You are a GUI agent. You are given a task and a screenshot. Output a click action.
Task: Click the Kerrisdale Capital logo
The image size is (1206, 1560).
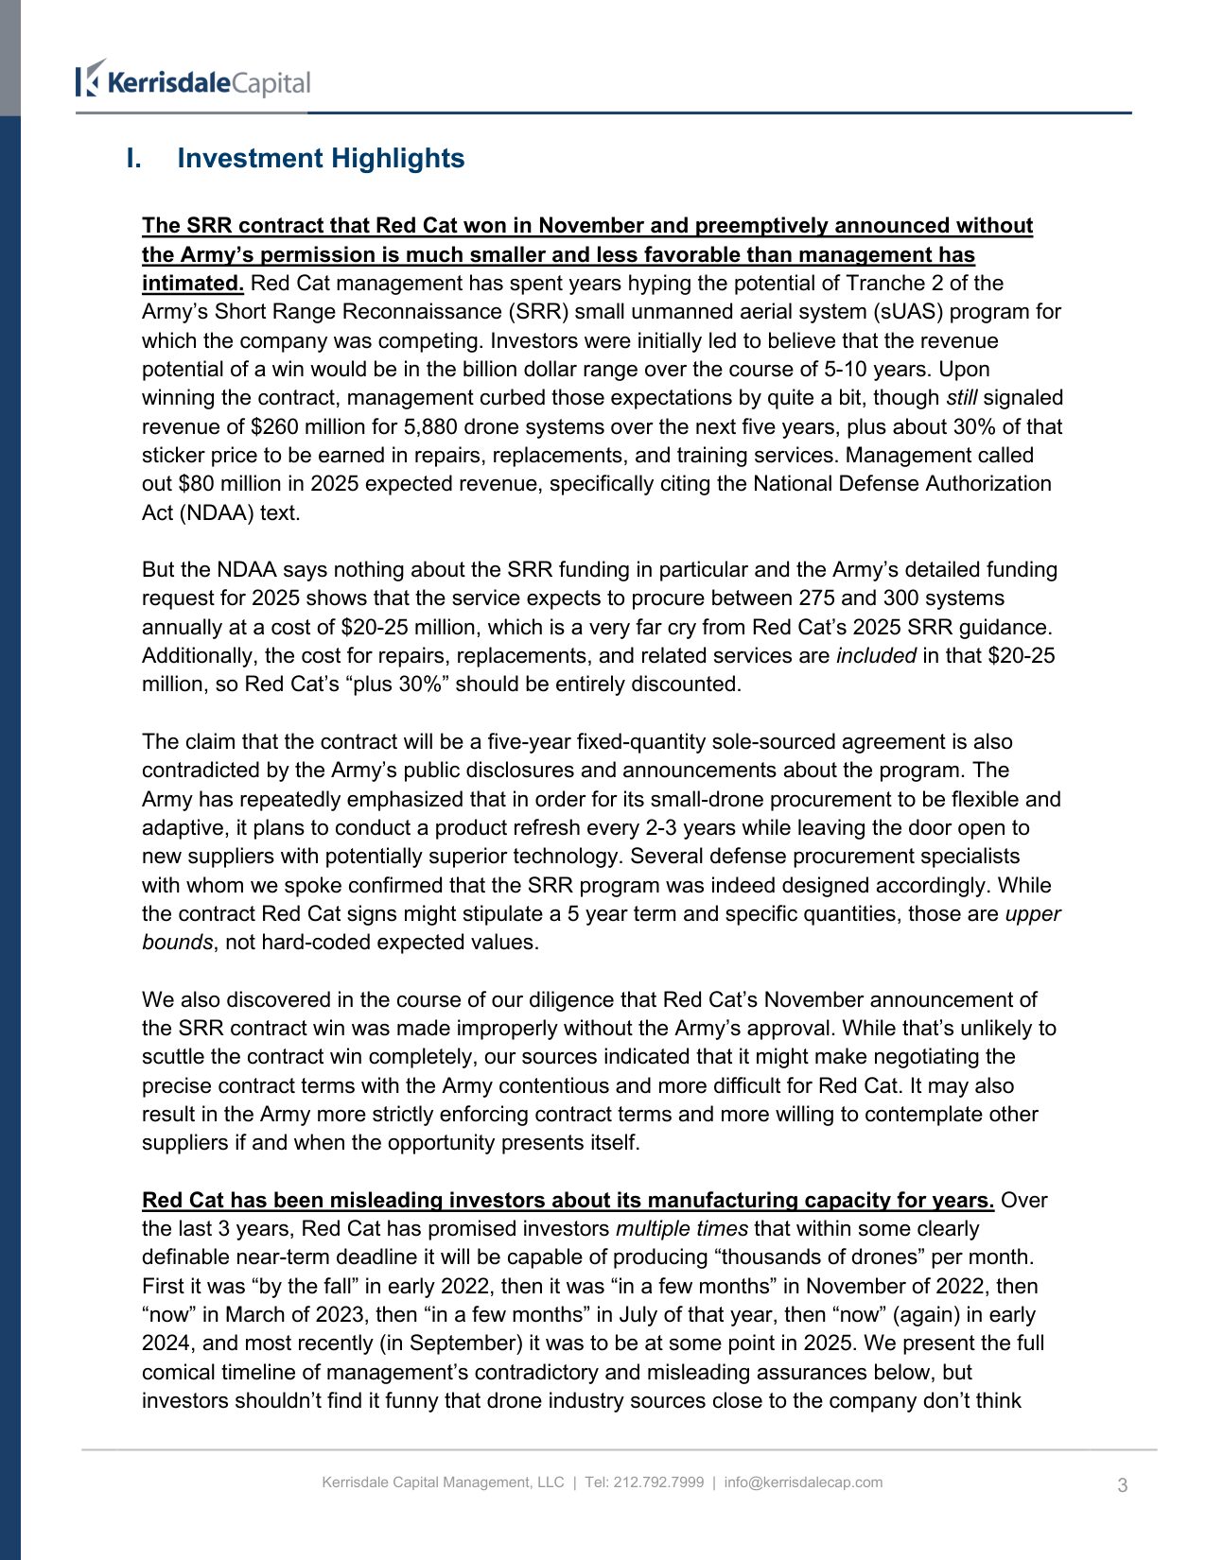[x=194, y=80]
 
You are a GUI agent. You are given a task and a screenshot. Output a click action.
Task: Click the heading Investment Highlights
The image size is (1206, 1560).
[x=321, y=158]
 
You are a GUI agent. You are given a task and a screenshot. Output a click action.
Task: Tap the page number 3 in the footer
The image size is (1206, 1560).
[x=1122, y=1484]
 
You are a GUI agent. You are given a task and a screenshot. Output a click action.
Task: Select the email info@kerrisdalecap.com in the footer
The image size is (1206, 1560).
[x=803, y=1482]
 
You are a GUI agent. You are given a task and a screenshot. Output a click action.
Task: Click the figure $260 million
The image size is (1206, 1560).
[x=298, y=426]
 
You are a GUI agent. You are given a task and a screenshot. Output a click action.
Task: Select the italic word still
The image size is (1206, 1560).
[x=961, y=397]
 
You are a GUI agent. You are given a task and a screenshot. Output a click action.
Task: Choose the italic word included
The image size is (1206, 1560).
[x=876, y=655]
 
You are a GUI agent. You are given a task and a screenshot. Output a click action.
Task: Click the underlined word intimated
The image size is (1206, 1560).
[x=192, y=283]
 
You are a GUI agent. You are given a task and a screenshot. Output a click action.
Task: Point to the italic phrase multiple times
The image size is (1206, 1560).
[x=681, y=1228]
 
